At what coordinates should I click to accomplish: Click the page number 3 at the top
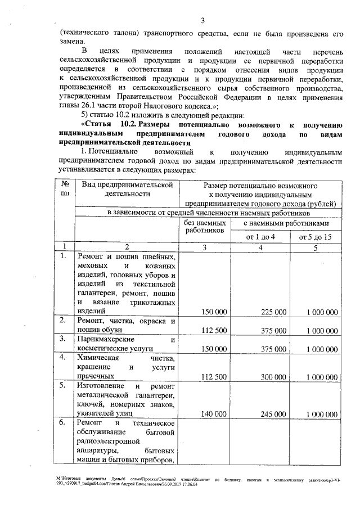click(203, 21)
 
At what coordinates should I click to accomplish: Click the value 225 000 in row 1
click(273, 312)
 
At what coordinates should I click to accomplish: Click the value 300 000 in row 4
click(273, 376)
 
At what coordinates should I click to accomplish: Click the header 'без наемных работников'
click(205, 227)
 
